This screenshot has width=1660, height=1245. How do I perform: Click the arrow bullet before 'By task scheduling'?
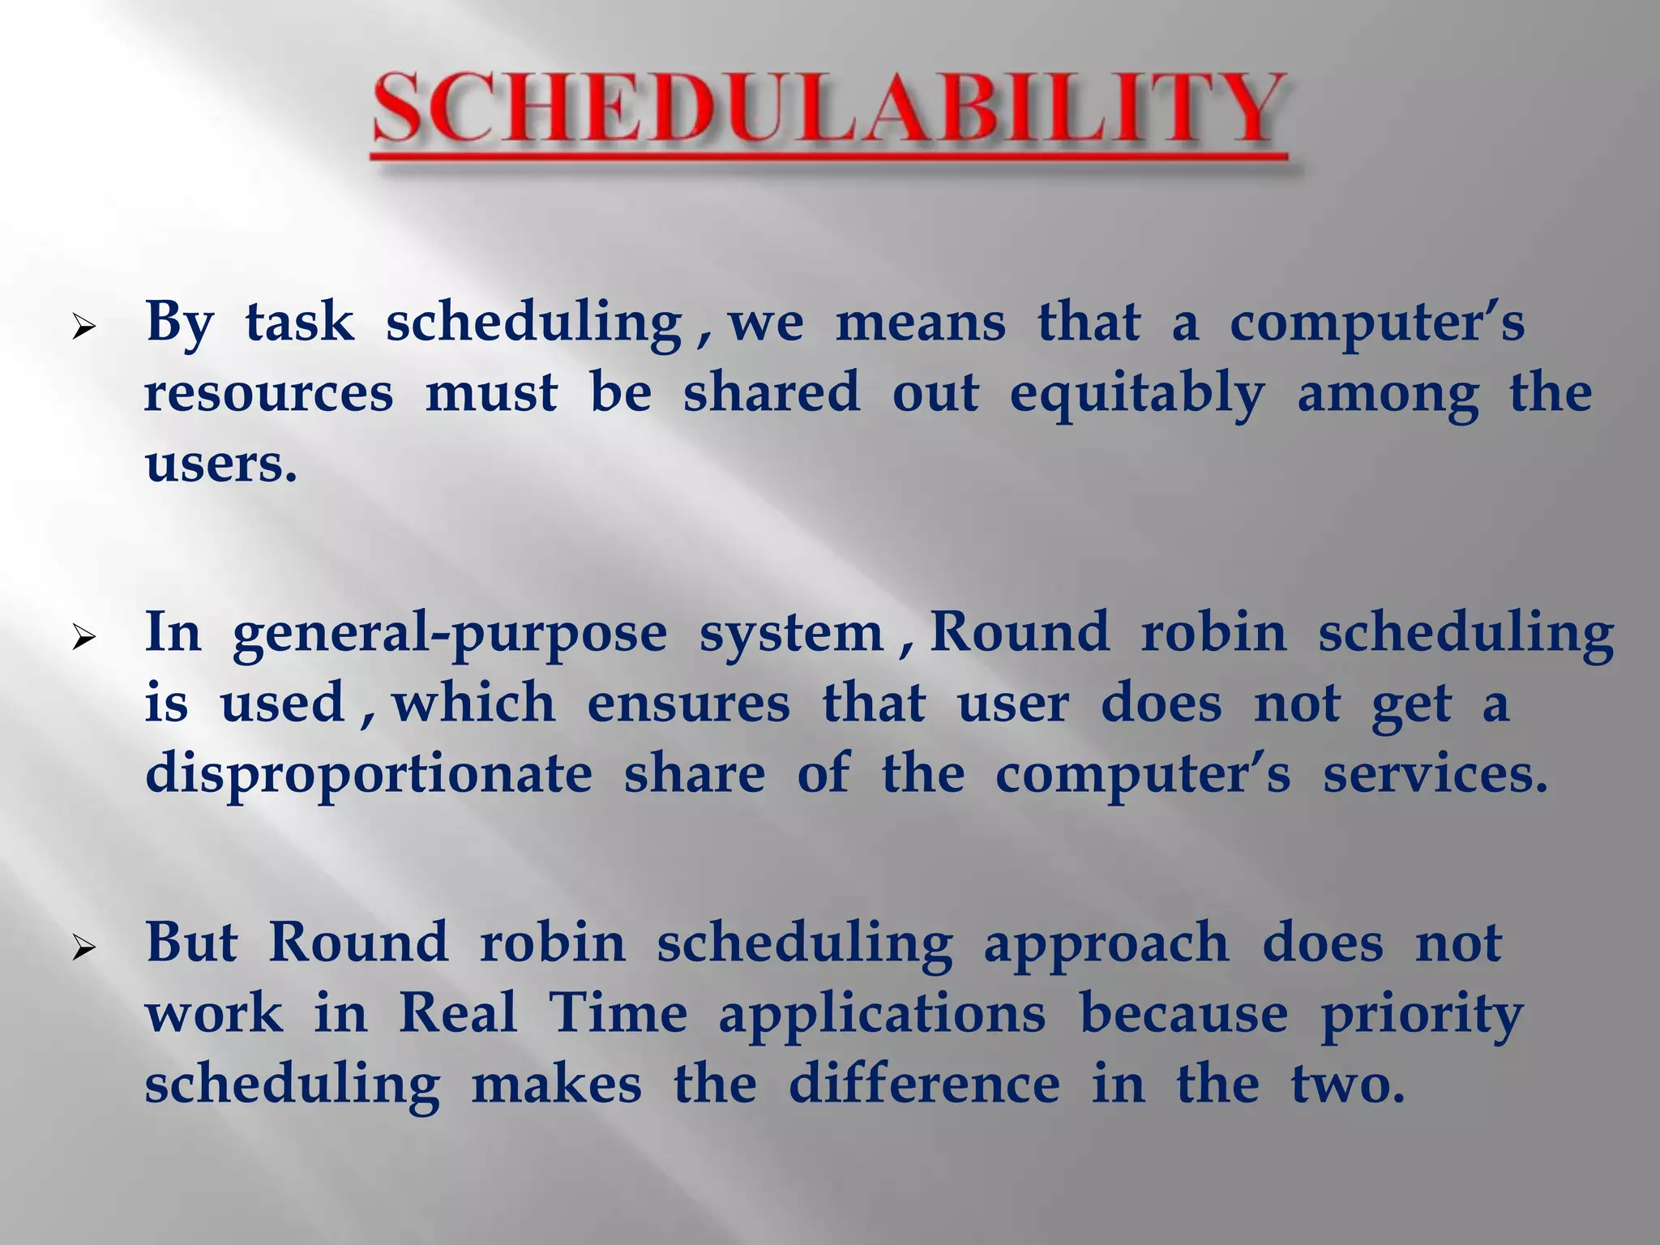coord(84,328)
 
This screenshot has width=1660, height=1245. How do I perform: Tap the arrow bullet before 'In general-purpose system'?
coord(84,639)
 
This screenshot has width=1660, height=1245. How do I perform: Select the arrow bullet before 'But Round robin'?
coord(84,948)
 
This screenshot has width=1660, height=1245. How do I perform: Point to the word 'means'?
coord(920,323)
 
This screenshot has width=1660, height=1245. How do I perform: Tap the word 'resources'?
coord(269,394)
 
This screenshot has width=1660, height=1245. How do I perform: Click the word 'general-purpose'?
coord(450,635)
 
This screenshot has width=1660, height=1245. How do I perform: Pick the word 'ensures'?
coord(688,704)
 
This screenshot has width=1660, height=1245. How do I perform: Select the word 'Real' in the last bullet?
coord(458,1014)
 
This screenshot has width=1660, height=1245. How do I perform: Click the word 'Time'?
coord(618,1014)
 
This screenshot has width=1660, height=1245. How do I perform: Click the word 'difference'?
coord(924,1085)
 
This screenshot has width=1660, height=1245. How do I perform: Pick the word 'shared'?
coord(771,393)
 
